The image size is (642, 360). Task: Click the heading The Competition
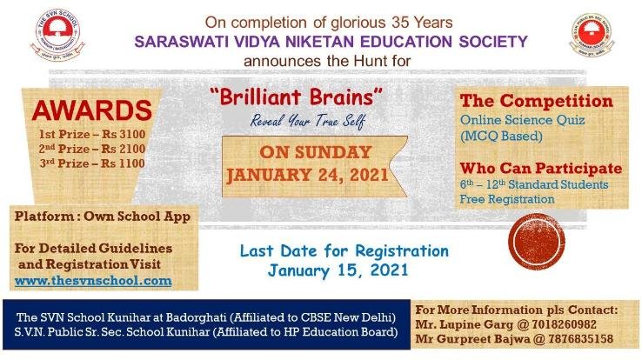[536, 102]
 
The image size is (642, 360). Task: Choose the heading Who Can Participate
[540, 168]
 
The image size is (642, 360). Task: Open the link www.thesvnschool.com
[94, 281]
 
